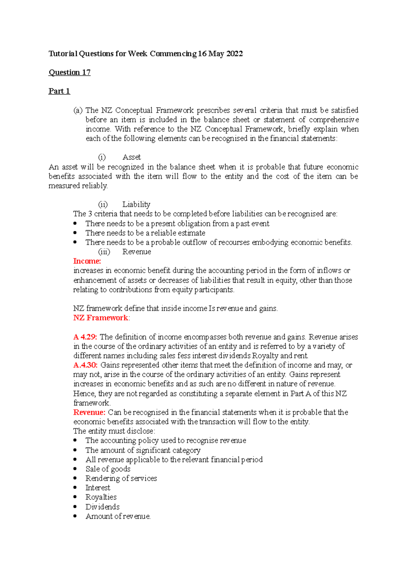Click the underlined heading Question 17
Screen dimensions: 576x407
click(x=70, y=72)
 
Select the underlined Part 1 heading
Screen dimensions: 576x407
click(x=59, y=91)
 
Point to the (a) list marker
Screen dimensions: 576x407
click(x=78, y=110)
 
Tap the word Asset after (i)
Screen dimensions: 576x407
click(x=132, y=157)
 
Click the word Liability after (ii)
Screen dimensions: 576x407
click(x=136, y=204)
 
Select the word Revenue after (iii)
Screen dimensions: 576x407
click(x=137, y=252)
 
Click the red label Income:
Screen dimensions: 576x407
click(x=87, y=261)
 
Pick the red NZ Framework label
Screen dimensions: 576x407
click(x=101, y=318)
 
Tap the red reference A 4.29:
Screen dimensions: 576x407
click(x=85, y=337)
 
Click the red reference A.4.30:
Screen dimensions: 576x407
click(x=85, y=365)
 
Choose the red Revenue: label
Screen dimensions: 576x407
click(x=89, y=412)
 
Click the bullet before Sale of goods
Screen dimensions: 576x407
click(x=75, y=469)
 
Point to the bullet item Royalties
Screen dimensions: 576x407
click(x=101, y=497)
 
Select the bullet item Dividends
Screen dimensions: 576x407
click(x=102, y=507)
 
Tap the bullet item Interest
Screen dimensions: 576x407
click(x=98, y=487)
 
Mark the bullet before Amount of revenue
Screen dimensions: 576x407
click(x=75, y=516)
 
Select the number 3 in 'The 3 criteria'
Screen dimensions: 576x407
click(x=90, y=214)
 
